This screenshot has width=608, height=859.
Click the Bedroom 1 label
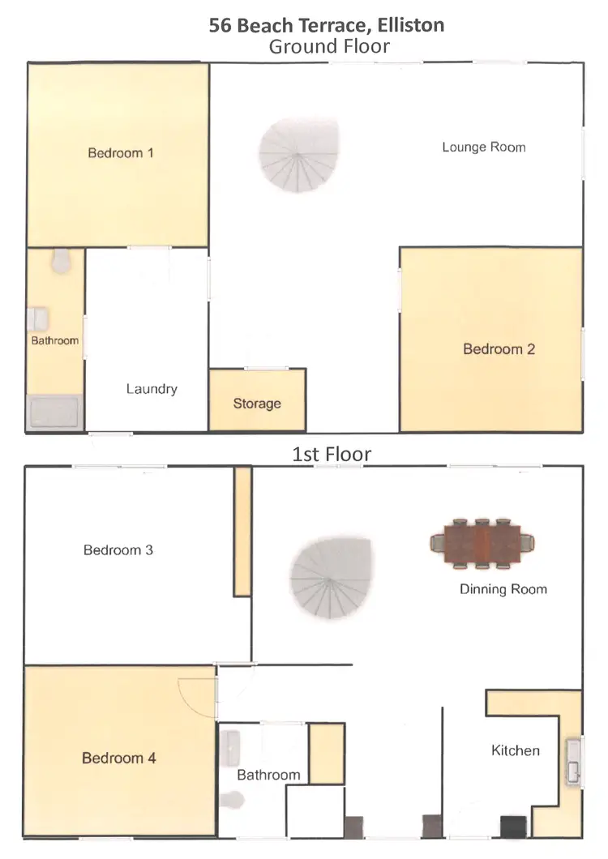point(121,152)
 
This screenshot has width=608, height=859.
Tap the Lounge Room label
point(483,147)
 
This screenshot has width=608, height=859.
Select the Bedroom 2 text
point(499,349)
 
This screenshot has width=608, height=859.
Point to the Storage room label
point(257,403)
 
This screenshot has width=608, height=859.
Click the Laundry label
point(152,389)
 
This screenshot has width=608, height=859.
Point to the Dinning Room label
point(503,589)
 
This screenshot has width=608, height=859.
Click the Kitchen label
point(515,750)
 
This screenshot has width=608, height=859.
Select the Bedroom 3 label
point(118,550)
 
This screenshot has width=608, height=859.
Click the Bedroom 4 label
point(119,759)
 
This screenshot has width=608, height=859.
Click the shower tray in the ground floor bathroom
point(55,412)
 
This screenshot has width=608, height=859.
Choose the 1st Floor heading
point(331,454)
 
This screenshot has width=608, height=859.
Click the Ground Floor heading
point(329,46)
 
